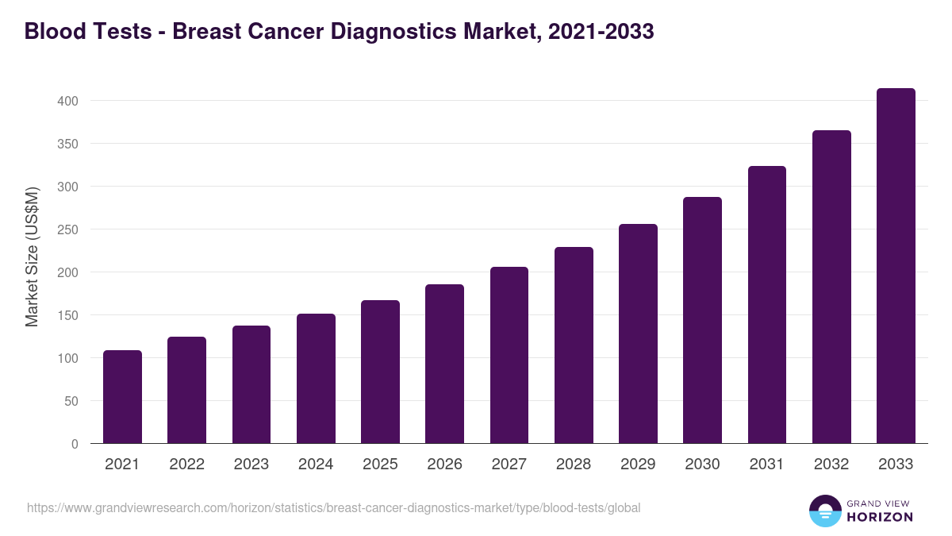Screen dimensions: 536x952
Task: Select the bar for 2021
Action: pyautogui.click(x=122, y=397)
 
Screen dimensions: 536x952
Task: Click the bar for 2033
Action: pyautogui.click(x=896, y=266)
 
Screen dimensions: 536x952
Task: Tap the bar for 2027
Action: pyautogui.click(x=509, y=355)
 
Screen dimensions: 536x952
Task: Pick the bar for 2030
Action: pyautogui.click(x=702, y=320)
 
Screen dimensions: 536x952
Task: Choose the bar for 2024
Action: pyautogui.click(x=316, y=379)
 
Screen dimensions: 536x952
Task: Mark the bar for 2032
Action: pyautogui.click(x=831, y=287)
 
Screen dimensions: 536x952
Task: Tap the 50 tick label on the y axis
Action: pyautogui.click(x=72, y=401)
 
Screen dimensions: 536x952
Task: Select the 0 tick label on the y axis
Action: pyautogui.click(x=75, y=444)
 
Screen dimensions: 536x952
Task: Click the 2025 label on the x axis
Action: pyautogui.click(x=380, y=465)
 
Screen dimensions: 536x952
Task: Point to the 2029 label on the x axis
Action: pyautogui.click(x=638, y=465)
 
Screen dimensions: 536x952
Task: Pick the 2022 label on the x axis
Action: pyautogui.click(x=186, y=465)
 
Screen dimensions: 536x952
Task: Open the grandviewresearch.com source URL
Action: pyautogui.click(x=333, y=507)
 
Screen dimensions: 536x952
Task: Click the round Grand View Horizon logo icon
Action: pyautogui.click(x=824, y=511)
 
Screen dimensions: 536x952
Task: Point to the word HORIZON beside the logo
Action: pyautogui.click(x=880, y=517)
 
